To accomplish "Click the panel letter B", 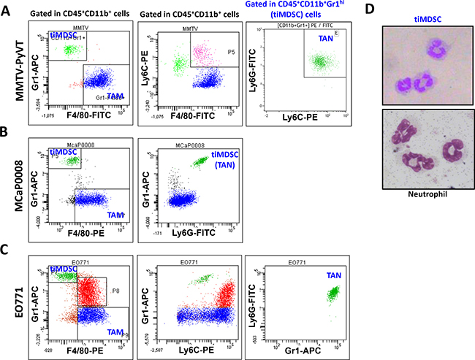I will [x=7, y=133].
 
